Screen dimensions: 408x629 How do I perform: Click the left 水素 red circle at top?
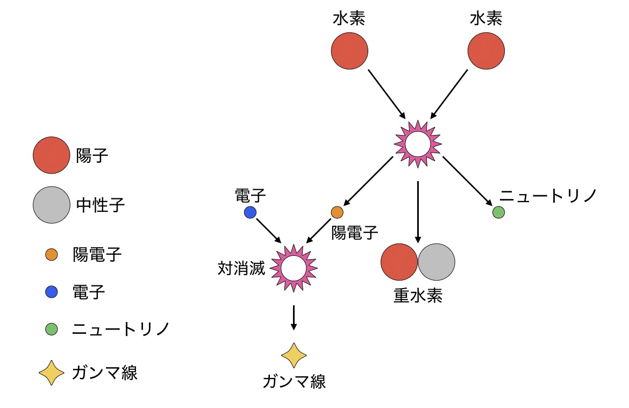pos(349,52)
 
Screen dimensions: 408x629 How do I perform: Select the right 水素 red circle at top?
pos(486,52)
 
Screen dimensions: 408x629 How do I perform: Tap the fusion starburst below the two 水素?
pos(418,144)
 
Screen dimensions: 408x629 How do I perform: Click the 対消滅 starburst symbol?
pos(294,267)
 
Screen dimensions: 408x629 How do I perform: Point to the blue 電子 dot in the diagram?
pos(250,212)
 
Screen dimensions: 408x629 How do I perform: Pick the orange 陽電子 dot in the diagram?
pos(337,212)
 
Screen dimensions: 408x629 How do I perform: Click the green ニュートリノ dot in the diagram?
pos(498,212)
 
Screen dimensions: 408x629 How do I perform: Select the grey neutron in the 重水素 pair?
pos(437,262)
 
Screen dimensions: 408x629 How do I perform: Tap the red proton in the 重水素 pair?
pos(399,262)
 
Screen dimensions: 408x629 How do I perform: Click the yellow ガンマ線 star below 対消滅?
pos(294,356)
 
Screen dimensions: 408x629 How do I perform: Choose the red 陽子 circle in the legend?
pos(51,156)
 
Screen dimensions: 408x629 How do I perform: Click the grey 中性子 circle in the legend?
pos(51,204)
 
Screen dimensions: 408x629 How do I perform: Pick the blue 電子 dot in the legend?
pos(52,292)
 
